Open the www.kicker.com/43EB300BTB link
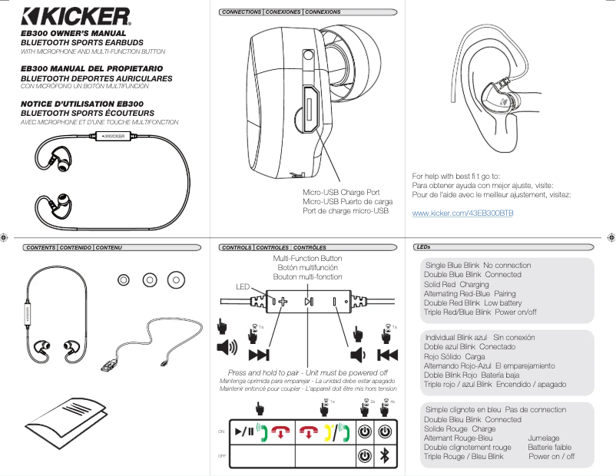(462, 212)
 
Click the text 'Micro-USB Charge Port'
(341, 192)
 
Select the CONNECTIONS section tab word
(240, 12)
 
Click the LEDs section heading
(422, 247)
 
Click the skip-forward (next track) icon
(258, 354)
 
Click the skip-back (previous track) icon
(388, 354)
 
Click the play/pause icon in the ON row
(243, 431)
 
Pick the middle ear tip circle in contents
(149, 279)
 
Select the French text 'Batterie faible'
(549, 447)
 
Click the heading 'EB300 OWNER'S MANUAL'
(68, 35)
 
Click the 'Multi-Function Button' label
(307, 259)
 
